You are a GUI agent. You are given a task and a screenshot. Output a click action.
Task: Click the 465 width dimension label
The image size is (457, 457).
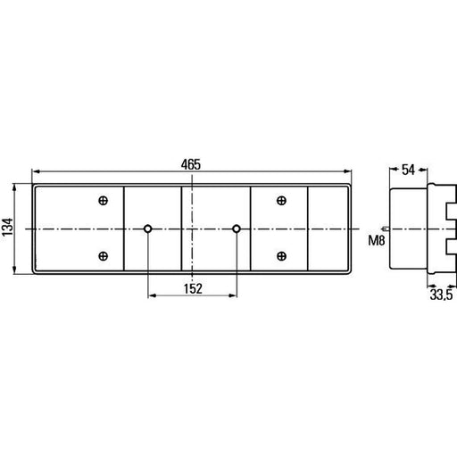191,164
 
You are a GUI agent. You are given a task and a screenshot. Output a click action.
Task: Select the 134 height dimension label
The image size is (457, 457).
8,227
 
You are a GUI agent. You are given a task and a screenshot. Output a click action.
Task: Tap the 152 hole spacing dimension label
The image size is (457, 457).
193,288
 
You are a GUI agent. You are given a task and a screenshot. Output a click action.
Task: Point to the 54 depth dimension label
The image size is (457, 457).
408,170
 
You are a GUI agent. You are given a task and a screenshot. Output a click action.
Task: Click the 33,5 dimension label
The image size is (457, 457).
441,295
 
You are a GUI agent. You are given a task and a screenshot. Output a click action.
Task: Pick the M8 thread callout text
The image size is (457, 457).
377,240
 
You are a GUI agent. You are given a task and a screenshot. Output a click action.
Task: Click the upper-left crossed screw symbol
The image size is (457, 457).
103,201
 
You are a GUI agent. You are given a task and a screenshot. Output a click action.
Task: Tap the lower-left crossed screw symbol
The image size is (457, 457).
103,256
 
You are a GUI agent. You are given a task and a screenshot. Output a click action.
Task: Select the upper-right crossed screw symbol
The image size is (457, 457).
281,201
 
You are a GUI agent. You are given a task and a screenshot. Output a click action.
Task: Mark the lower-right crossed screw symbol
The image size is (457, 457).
281,256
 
